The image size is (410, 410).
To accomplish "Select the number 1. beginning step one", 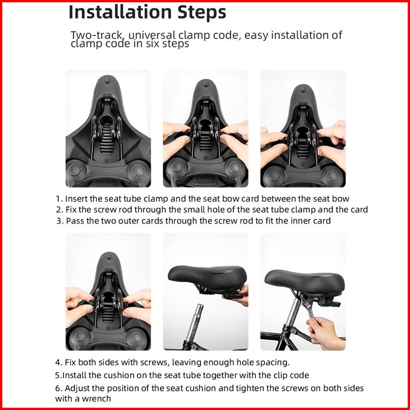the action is [x=59, y=199].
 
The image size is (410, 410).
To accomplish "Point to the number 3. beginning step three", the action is [x=60, y=221].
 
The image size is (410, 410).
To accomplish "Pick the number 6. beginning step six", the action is [x=59, y=388].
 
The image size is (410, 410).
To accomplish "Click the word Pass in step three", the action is [x=75, y=221].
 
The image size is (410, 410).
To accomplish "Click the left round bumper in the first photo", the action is [x=75, y=170].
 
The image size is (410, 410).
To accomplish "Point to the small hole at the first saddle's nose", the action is [x=107, y=82].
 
